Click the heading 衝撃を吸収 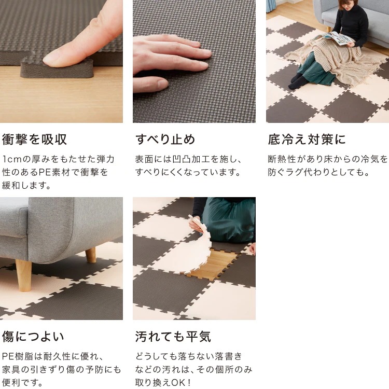(x=35, y=140)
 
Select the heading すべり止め (x=165, y=140)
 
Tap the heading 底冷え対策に (x=307, y=140)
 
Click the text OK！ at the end (x=179, y=383)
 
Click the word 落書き (x=226, y=356)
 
